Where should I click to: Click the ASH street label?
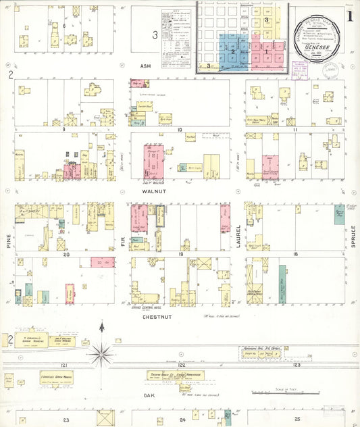click(x=144, y=66)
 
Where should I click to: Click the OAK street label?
click(x=149, y=395)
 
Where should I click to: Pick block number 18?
click(x=296, y=255)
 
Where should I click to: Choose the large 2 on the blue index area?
click(x=232, y=51)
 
